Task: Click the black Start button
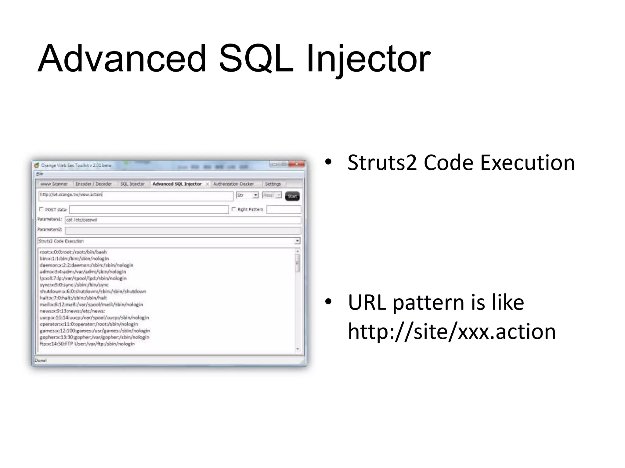(x=292, y=196)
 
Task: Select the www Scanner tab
(x=54, y=184)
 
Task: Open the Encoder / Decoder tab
(x=93, y=184)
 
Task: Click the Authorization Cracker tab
(x=233, y=184)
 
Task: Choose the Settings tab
(x=273, y=184)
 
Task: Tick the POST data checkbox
(x=42, y=209)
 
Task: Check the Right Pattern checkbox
(x=234, y=209)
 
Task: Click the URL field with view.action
(x=135, y=195)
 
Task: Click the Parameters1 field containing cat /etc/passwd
(x=182, y=220)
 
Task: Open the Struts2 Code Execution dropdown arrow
(x=297, y=241)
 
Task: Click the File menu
(x=40, y=174)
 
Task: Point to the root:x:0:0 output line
(x=73, y=252)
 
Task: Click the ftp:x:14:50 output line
(x=87, y=344)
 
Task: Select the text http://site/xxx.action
(x=452, y=331)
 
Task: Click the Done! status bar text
(x=41, y=360)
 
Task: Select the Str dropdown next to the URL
(x=247, y=195)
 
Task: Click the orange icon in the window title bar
(x=37, y=165)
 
